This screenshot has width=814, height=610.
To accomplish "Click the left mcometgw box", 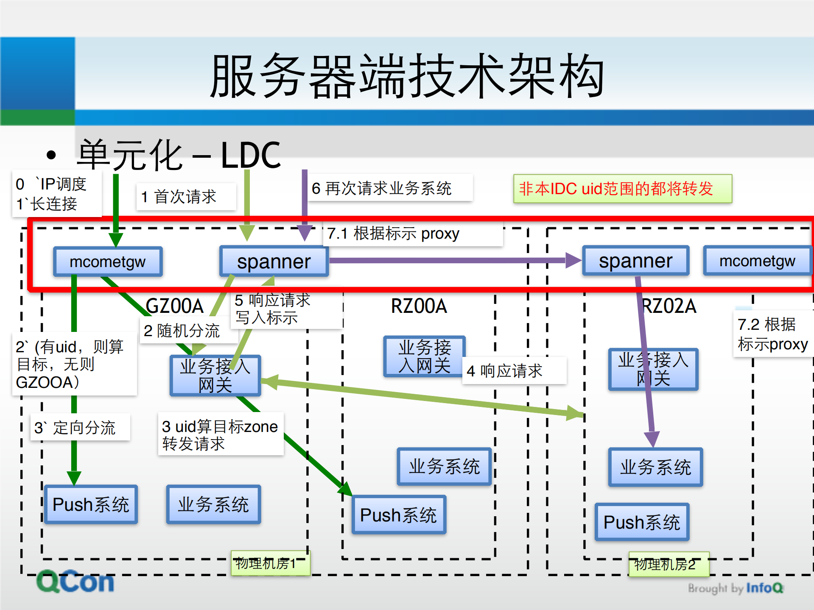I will point(108,262).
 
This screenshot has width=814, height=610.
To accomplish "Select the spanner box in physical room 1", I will point(274,262).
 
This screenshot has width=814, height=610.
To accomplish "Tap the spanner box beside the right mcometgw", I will point(635,261).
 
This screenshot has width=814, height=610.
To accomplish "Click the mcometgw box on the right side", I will point(757,261).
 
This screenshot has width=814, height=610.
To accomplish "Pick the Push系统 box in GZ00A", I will point(91,504).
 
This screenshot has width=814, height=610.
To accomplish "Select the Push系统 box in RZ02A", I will point(641,522).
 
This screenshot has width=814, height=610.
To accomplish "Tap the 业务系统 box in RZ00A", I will point(444,466).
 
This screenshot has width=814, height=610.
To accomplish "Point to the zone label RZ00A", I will point(419,306).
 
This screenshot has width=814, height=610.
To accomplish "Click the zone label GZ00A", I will point(174,306).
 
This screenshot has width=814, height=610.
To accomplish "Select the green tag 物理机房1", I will point(270,563).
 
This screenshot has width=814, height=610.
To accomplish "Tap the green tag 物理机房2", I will point(669,564).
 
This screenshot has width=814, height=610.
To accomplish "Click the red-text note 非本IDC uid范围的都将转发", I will point(622,189).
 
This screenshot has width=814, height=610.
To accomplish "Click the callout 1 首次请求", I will point(185,197).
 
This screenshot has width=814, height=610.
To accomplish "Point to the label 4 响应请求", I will point(513,371).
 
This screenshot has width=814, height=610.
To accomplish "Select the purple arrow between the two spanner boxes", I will point(450,260).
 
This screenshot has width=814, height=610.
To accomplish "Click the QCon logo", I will point(76,582).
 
